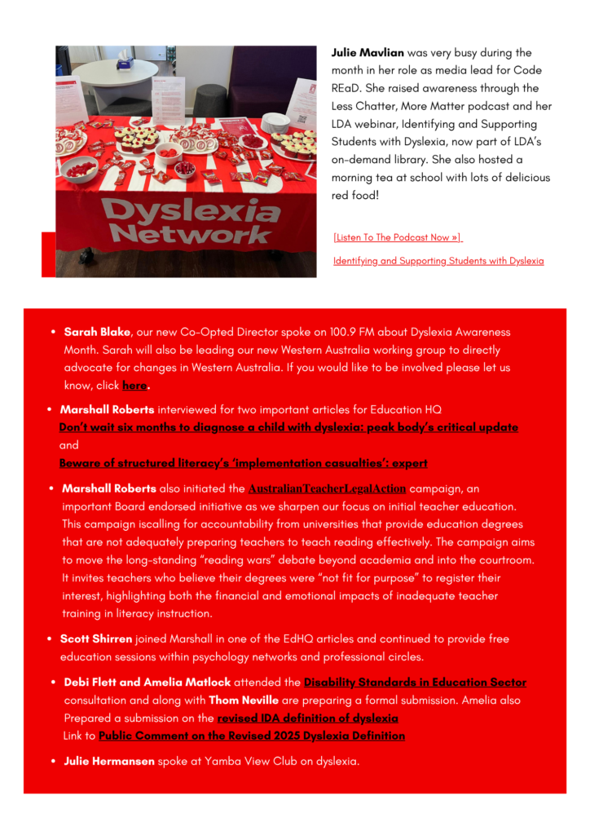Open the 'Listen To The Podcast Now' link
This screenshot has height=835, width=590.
tap(397, 237)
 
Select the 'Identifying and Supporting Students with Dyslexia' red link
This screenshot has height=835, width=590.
tap(438, 261)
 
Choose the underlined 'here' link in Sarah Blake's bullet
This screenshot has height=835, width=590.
tap(134, 386)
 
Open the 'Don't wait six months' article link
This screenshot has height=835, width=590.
tap(288, 427)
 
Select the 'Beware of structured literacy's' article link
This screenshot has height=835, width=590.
tap(243, 463)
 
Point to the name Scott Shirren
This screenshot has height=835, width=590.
tap(96, 639)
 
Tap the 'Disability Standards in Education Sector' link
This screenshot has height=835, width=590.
tap(415, 683)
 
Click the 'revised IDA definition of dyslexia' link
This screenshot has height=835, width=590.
tap(307, 718)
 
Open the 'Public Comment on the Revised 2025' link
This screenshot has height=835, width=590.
tap(251, 736)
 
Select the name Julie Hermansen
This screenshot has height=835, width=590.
tap(109, 762)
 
